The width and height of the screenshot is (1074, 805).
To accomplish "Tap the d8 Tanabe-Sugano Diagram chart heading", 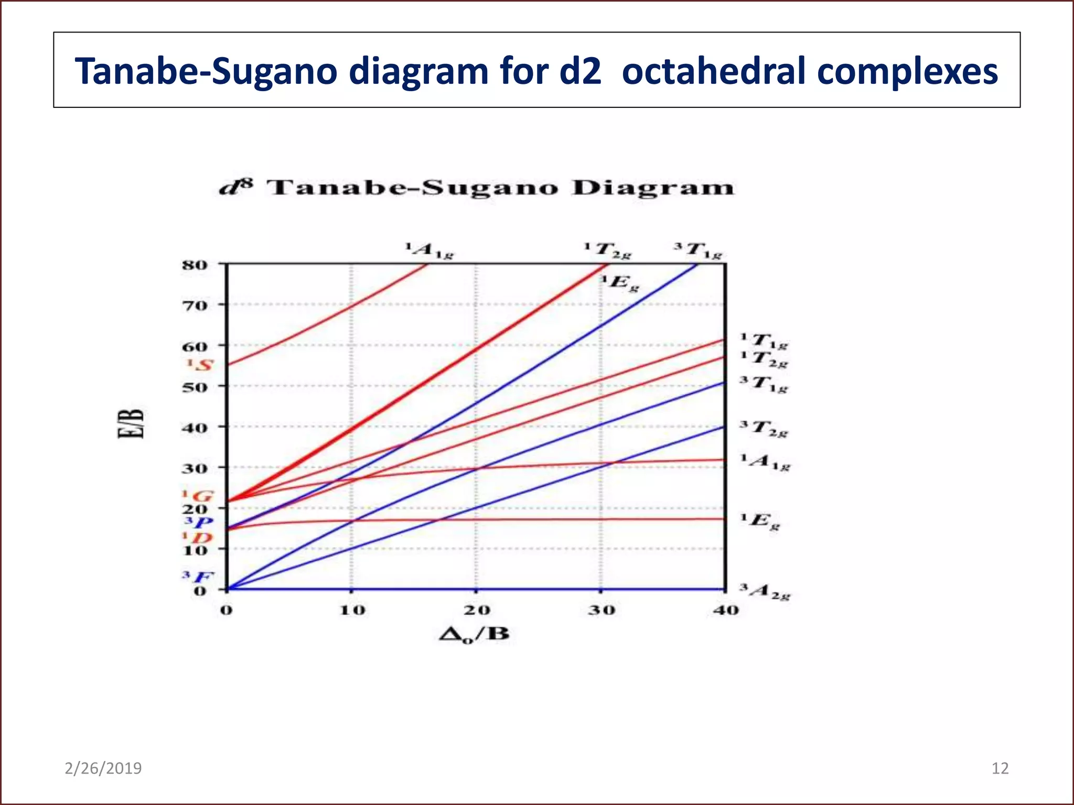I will pos(476,188).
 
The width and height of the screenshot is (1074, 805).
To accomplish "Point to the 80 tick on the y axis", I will pos(195,265).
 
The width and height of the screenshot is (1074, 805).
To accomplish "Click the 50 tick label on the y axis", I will pos(195,387).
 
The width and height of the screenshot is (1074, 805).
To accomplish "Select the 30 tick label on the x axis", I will pos(601,610).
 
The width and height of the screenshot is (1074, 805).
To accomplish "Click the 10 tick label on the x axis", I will pos(352,610).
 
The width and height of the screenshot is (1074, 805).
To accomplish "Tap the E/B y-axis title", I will pos(130,423).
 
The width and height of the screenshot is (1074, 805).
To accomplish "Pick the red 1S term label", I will pos(200,365).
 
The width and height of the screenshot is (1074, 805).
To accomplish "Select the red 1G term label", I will pos(198,496).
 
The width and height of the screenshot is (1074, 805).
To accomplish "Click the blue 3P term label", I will pos(199,522).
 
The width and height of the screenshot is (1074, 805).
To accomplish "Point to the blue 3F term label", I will pos(198,577).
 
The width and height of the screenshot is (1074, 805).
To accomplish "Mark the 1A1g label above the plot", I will pos(429,251).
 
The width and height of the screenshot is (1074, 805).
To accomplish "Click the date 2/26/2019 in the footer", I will pos(103,768).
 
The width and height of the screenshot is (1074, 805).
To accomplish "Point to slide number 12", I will pos(1000,768).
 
